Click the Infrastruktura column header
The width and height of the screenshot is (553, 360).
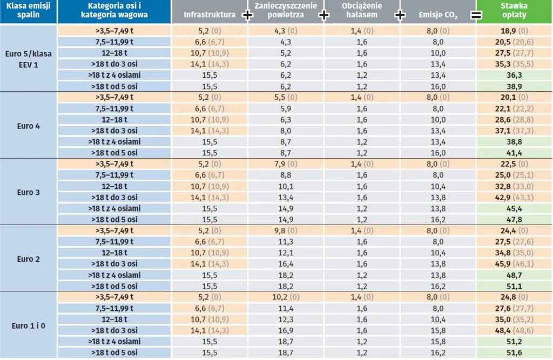[x=210, y=15]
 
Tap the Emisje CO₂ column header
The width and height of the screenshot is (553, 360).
[x=437, y=15]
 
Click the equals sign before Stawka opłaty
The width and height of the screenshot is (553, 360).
[x=476, y=16]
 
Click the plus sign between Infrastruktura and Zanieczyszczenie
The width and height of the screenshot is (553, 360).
[x=248, y=16]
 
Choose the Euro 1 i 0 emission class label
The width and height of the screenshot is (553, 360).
[x=29, y=325]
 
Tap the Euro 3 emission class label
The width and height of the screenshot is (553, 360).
[x=29, y=192]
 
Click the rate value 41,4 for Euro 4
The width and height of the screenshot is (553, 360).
[x=514, y=153]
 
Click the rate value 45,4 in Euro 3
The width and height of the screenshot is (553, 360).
[x=514, y=208]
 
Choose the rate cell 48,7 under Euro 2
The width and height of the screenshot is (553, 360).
[x=514, y=275]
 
